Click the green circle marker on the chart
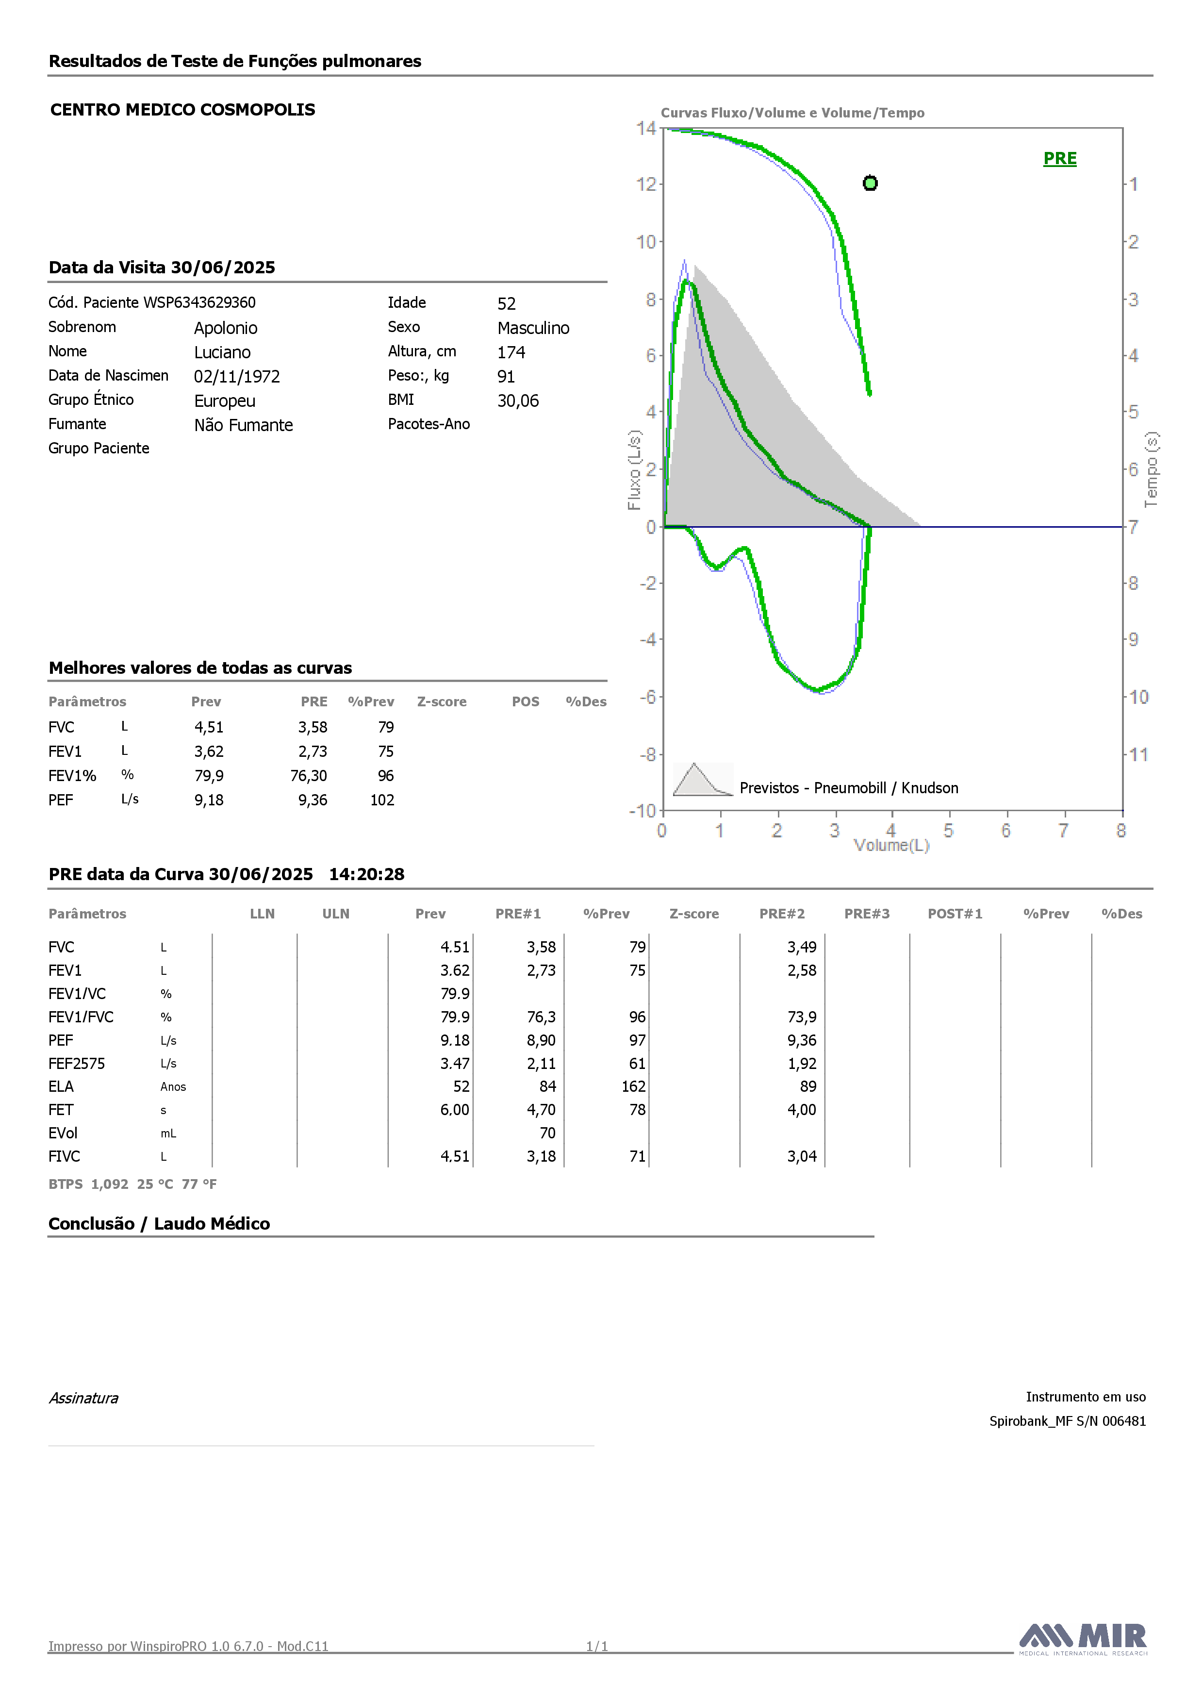pos(871,183)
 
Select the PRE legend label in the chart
pos(1060,159)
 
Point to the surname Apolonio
pos(226,328)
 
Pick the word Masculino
pos(533,328)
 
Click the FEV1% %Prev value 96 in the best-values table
pos(386,776)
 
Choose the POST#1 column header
pos(955,914)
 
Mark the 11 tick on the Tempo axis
pos(1138,754)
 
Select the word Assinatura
pos(83,1398)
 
